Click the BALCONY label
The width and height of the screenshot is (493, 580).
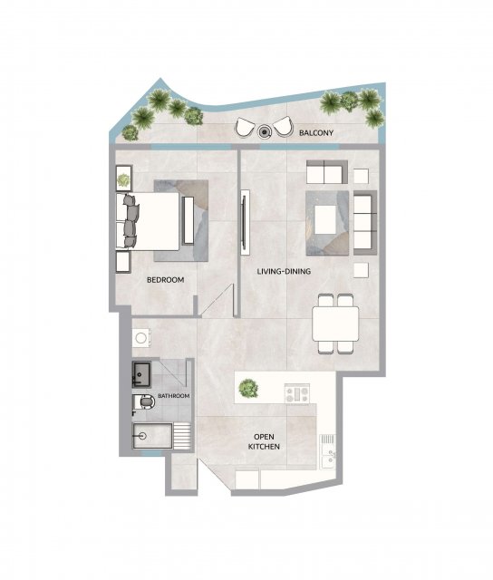tap(316, 132)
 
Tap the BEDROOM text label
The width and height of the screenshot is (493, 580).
tap(165, 280)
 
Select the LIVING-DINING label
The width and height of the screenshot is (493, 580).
tap(284, 272)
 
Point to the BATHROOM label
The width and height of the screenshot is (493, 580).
tap(173, 396)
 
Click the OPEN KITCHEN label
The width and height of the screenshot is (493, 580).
tap(264, 441)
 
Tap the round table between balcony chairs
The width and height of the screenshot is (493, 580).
tap(264, 130)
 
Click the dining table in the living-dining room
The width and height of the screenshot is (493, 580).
tap(335, 324)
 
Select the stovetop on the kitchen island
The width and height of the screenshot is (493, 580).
tap(297, 393)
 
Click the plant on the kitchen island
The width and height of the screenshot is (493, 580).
tap(248, 389)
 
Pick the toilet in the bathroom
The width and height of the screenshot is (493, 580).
tap(144, 402)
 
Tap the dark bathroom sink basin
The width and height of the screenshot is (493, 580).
tap(141, 374)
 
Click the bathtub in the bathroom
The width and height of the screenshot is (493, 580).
tap(152, 436)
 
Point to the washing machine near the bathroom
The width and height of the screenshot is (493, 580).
tap(141, 337)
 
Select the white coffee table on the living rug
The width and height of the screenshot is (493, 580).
tap(325, 220)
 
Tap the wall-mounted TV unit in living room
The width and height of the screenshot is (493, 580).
tap(244, 222)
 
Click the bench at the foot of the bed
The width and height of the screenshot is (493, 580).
tap(188, 220)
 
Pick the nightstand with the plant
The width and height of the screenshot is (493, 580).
tap(124, 178)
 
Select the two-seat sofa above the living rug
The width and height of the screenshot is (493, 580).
tap(326, 172)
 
